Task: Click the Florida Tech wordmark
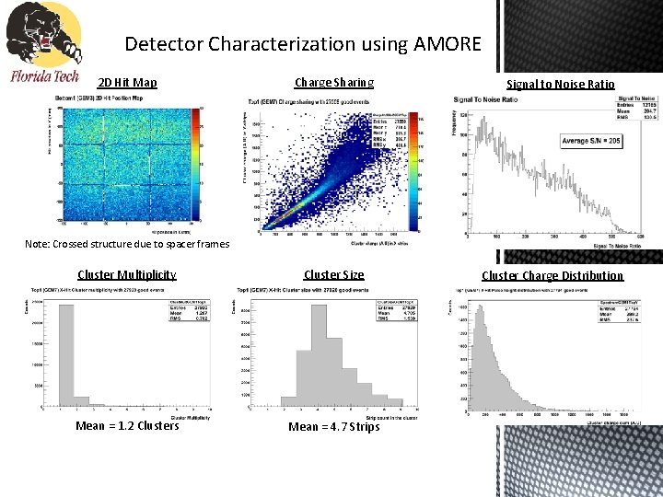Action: point(45,76)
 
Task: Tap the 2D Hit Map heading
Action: point(127,83)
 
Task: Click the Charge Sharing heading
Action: point(334,82)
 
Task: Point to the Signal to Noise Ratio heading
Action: point(561,84)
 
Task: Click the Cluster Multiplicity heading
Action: point(127,274)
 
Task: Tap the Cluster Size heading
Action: point(334,274)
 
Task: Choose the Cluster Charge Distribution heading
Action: point(552,275)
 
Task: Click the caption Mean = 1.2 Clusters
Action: point(127,425)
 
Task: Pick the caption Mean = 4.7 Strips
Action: point(333,426)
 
